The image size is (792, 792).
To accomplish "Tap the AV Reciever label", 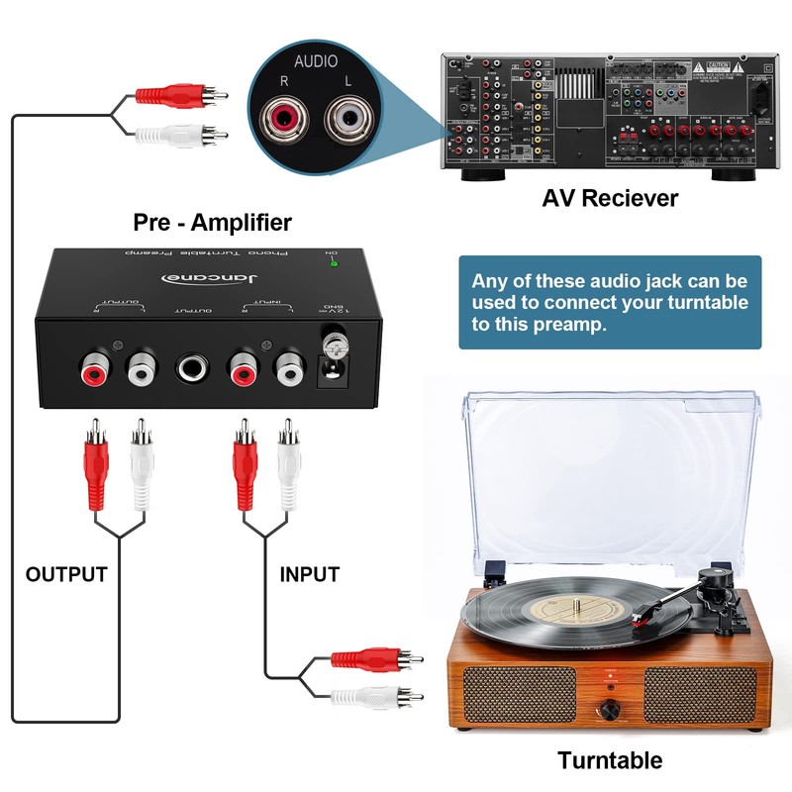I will pos(610,198).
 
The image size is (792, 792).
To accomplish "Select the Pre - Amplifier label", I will pos(213,221).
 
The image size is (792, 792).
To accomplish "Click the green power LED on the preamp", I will pos(335,262).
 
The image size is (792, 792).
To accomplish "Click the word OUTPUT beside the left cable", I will pos(66,574).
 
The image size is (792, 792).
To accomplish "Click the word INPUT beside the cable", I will pos(309,574).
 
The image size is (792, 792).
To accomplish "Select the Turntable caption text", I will pos(610,760).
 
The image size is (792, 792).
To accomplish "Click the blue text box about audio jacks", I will pos(610,302).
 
